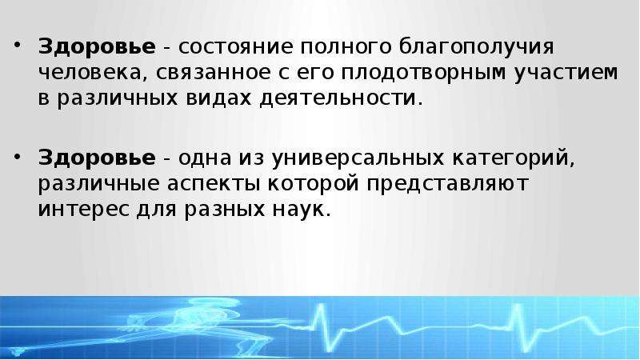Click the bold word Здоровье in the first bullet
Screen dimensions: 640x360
(97, 46)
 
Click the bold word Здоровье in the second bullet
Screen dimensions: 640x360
(97, 158)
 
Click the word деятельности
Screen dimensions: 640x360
(338, 98)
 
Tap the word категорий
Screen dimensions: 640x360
(510, 158)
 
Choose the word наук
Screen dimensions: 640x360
(298, 210)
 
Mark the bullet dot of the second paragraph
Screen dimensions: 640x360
(17, 155)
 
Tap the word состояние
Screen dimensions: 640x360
(235, 47)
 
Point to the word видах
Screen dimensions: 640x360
(218, 98)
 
